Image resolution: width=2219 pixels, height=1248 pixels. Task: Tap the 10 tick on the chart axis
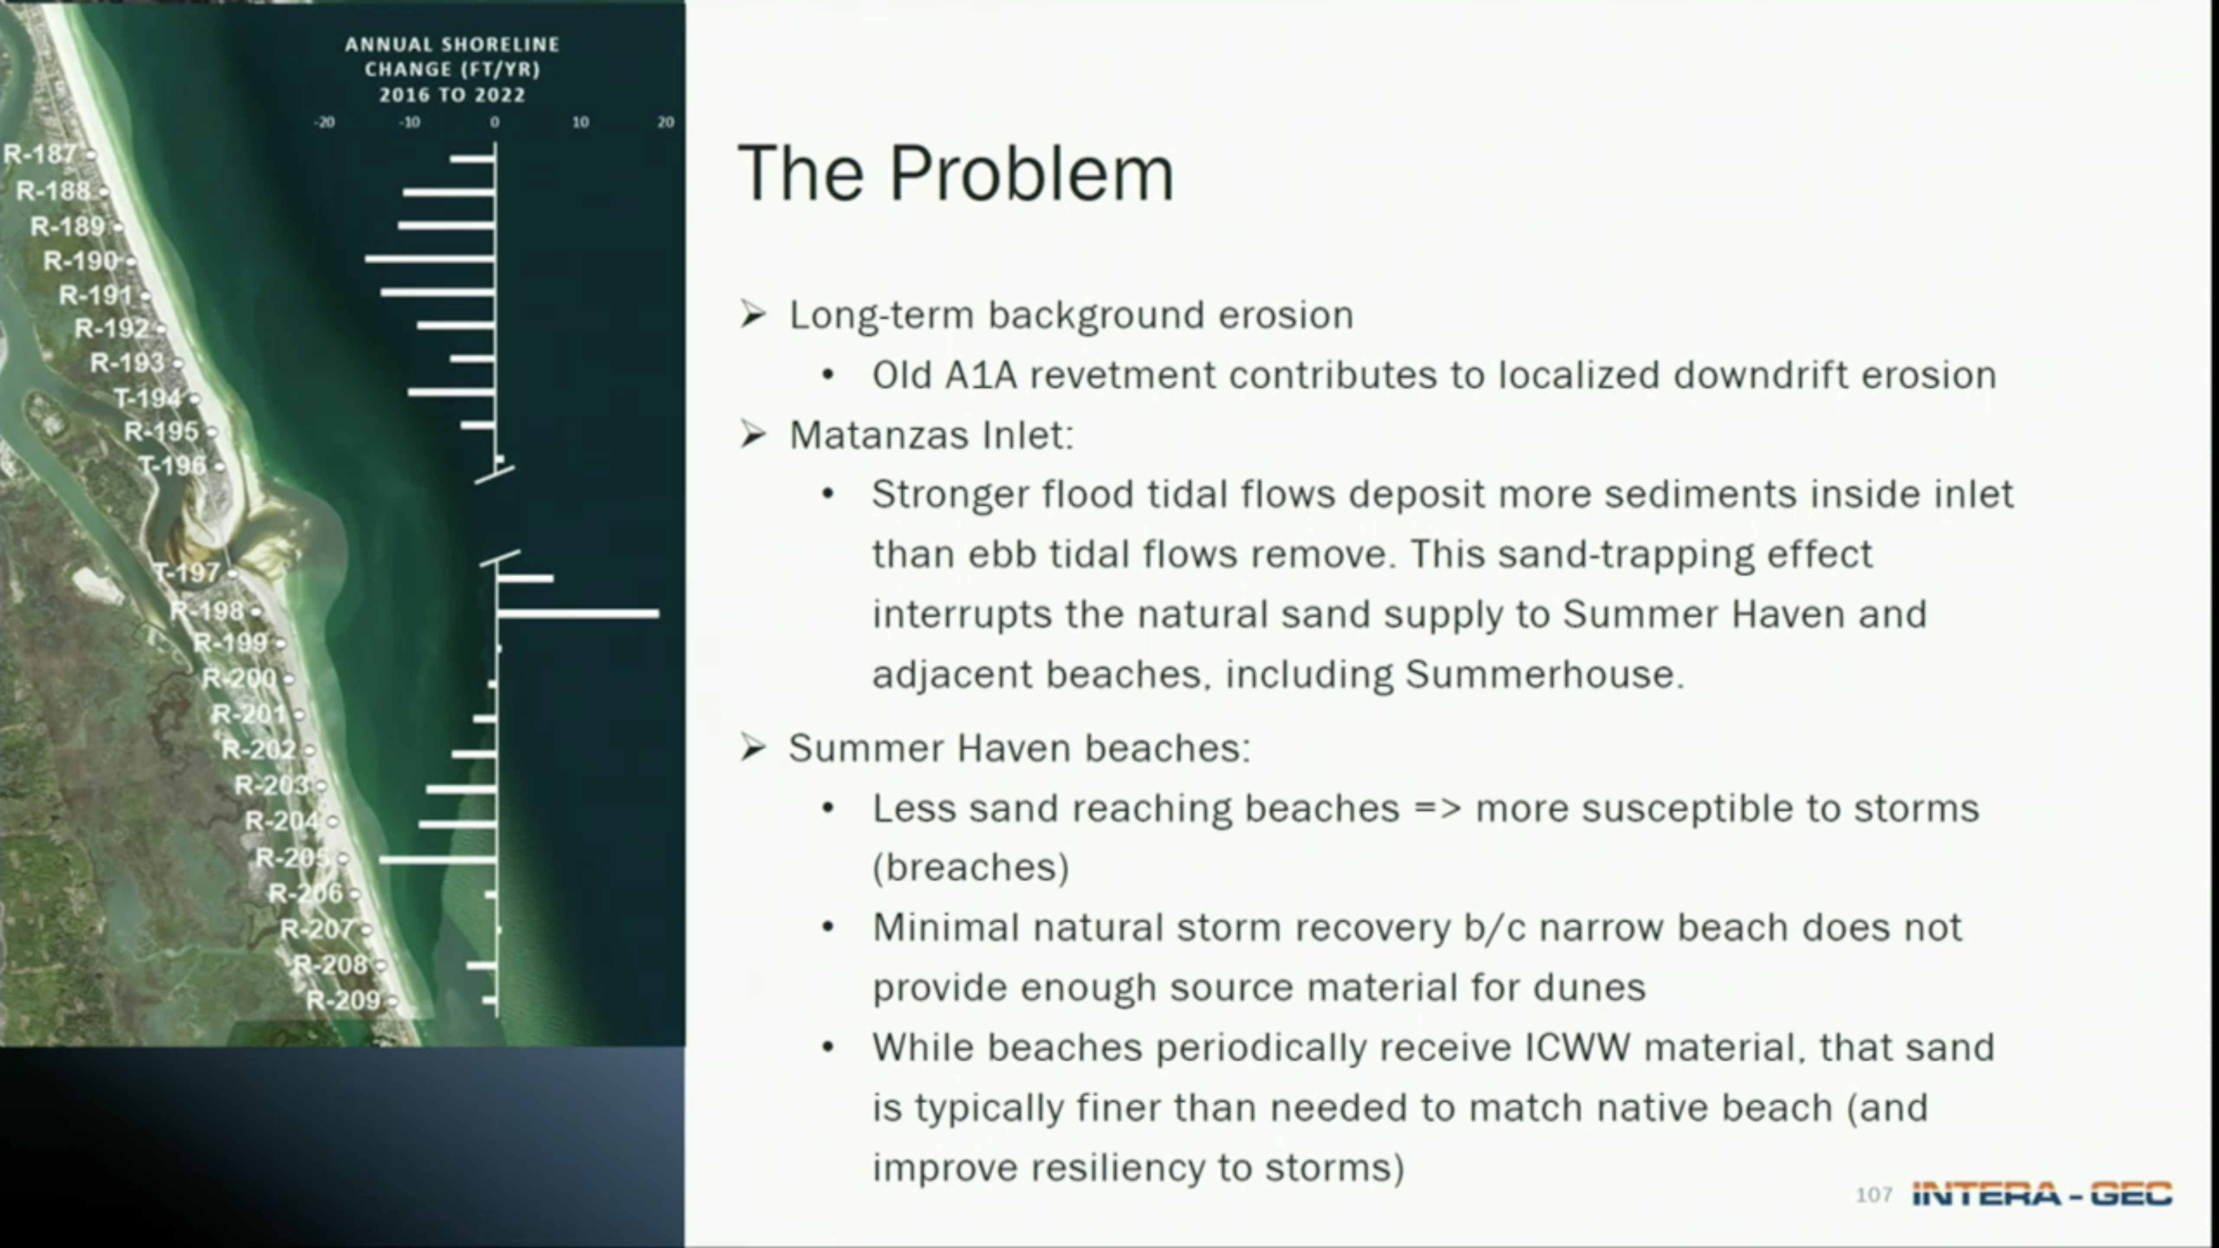581,122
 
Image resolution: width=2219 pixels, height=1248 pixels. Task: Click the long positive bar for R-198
578,613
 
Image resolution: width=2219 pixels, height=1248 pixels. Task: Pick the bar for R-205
438,859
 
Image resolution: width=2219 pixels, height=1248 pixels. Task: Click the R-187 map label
40,154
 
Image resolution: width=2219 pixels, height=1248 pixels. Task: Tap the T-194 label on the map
148,398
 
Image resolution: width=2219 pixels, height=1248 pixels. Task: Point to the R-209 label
343,1000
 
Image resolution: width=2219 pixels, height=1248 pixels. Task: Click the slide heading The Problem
956,173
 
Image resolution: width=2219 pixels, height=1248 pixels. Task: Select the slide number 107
1874,1195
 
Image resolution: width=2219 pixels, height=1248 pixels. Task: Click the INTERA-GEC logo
2042,1194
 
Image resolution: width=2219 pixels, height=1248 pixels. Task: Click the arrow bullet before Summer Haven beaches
753,747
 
